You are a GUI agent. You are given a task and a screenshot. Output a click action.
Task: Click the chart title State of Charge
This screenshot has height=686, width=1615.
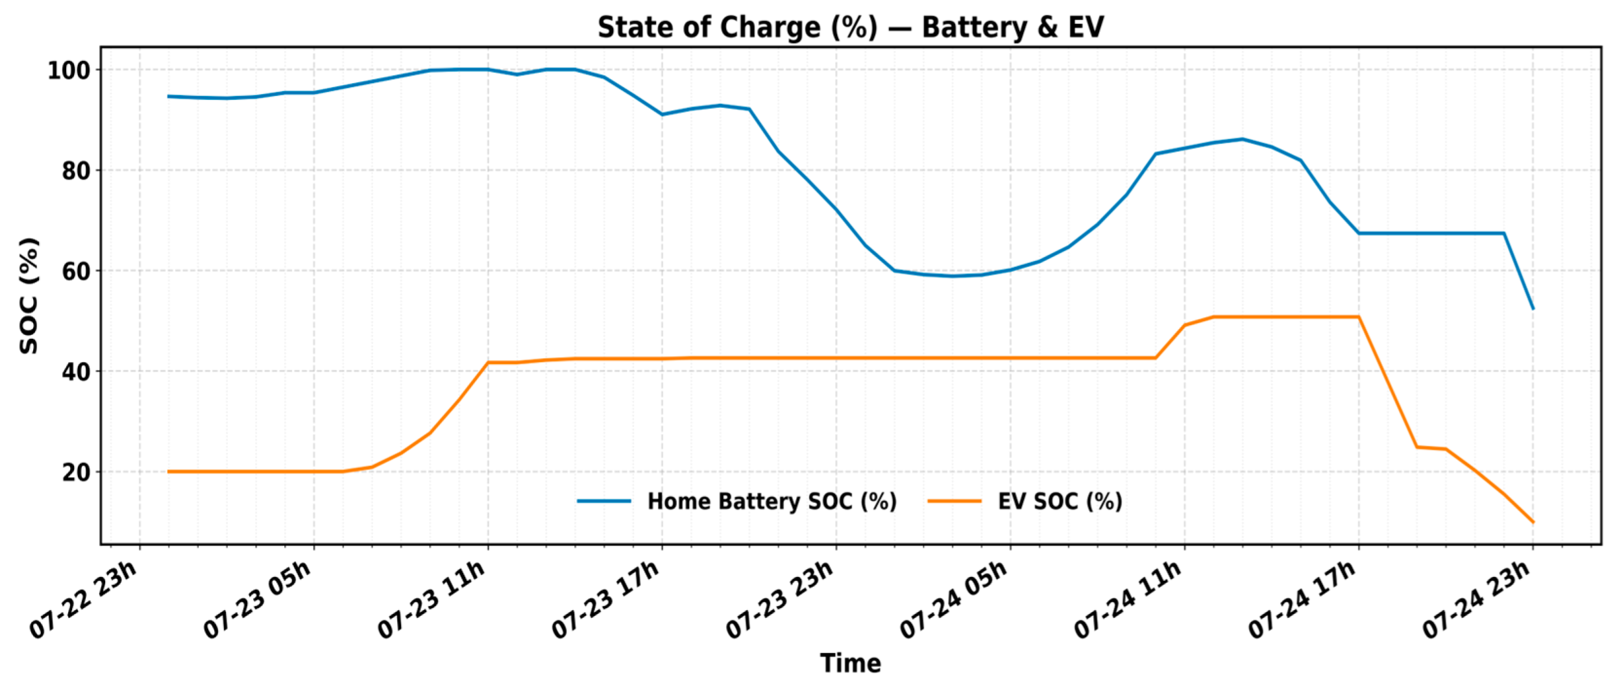[850, 27]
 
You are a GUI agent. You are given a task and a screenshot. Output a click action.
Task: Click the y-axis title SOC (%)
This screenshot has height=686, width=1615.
[29, 296]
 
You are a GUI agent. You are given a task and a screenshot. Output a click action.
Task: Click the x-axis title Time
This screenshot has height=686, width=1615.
[850, 663]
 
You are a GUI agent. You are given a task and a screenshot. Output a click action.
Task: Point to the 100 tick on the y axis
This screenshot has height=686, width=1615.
[69, 70]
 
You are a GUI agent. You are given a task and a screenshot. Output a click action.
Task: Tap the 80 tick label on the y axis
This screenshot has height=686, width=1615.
[76, 171]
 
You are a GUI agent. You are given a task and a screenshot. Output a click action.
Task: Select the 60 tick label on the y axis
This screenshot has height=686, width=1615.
[76, 271]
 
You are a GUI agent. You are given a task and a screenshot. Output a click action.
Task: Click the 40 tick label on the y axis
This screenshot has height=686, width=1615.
[76, 372]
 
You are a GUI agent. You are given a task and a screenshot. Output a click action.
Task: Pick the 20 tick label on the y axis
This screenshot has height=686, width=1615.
[76, 472]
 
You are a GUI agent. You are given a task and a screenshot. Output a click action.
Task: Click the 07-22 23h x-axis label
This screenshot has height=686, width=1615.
[84, 600]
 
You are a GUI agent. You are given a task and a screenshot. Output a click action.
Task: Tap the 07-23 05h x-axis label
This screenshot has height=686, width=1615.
[258, 600]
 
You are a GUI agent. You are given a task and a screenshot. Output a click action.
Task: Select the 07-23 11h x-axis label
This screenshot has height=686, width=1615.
[433, 600]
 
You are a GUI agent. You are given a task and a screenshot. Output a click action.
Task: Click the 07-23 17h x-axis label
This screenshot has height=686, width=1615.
[607, 600]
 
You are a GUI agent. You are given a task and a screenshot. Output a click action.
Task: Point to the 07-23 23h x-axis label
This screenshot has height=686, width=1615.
[781, 600]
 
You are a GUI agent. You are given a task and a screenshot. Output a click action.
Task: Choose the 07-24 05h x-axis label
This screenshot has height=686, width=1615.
[954, 600]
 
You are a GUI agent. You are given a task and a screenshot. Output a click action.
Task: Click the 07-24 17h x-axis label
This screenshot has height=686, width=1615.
[1303, 600]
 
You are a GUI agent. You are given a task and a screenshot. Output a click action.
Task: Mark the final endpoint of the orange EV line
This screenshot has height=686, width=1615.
[1533, 522]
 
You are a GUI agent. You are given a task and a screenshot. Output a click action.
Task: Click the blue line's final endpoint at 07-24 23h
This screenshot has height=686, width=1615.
[1533, 308]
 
